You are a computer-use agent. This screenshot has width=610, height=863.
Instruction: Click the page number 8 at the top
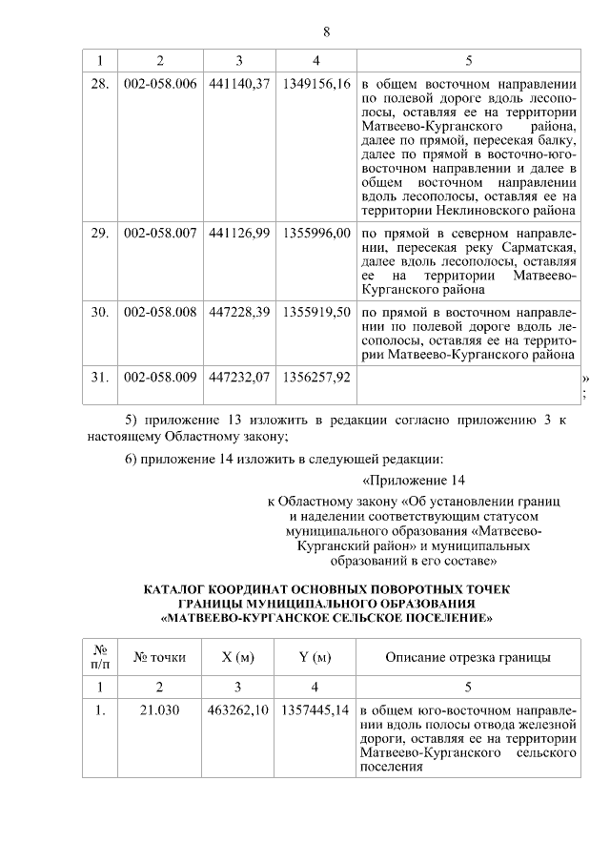click(x=326, y=31)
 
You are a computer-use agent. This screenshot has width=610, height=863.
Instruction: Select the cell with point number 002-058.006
click(x=160, y=84)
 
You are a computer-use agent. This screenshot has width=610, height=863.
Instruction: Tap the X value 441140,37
click(x=239, y=84)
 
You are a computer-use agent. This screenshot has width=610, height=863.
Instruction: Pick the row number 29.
click(x=99, y=233)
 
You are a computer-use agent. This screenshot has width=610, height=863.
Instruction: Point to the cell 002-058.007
click(x=160, y=233)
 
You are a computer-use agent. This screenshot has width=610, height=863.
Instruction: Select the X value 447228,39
click(x=239, y=313)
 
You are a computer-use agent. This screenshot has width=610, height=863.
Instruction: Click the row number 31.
click(x=99, y=378)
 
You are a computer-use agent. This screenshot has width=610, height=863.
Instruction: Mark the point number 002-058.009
click(x=160, y=378)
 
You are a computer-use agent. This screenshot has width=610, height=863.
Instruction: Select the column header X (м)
click(x=238, y=657)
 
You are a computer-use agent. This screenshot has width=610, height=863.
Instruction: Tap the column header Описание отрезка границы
click(x=468, y=657)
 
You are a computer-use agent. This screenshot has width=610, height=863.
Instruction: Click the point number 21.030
click(x=160, y=711)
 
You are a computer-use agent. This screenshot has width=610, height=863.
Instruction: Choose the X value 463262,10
click(x=239, y=711)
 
